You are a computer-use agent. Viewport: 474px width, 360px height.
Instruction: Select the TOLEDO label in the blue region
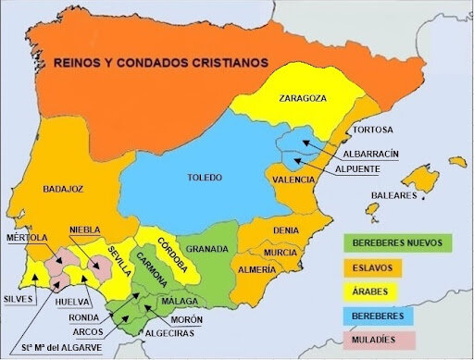[x=205, y=177]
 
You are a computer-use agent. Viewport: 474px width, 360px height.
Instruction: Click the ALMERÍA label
[x=256, y=268]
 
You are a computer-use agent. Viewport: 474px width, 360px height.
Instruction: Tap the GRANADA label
[x=207, y=249]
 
